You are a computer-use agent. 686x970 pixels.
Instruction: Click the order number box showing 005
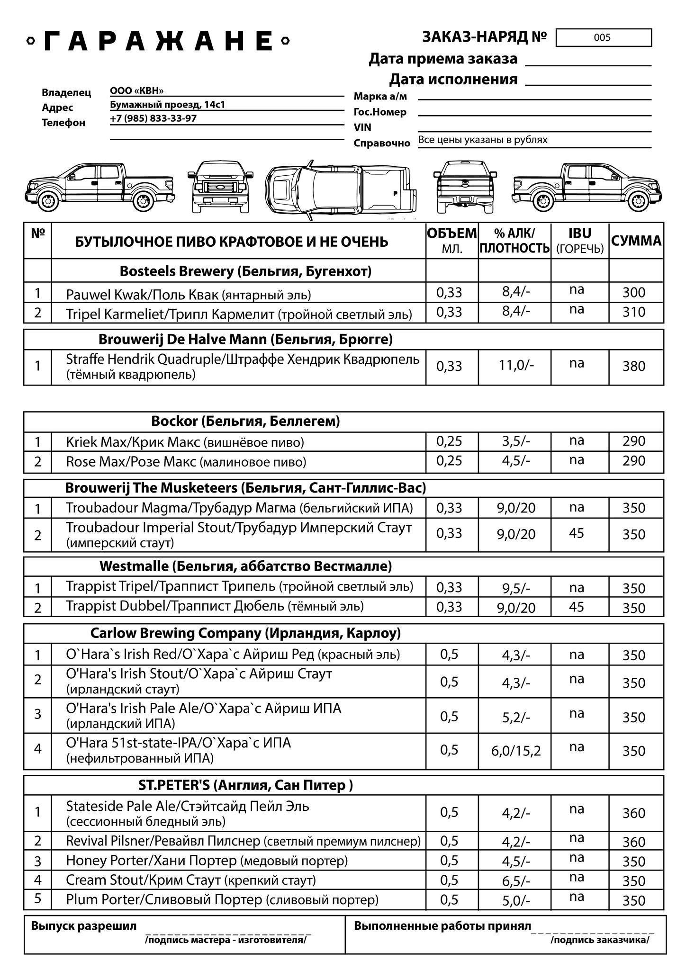603,38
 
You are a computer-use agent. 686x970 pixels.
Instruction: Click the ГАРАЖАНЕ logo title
158,41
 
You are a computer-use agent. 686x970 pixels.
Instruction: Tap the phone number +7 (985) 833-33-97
153,118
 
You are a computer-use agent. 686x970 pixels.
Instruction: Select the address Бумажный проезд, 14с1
167,105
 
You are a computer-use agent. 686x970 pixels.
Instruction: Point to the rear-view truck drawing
465,187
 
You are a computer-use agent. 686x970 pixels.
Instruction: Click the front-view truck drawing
221,187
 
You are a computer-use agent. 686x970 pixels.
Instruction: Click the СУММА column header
636,241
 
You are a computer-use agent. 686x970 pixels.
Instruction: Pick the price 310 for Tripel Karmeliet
634,312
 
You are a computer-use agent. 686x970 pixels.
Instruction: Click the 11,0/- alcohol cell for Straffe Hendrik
516,366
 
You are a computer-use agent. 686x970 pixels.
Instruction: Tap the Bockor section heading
245,421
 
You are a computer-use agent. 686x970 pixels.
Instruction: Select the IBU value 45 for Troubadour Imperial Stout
576,534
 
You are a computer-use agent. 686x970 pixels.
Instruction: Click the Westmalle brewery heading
245,566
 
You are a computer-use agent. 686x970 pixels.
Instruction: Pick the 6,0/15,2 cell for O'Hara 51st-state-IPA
516,751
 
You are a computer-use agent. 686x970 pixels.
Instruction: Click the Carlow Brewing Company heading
245,633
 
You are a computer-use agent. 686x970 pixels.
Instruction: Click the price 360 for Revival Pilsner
634,842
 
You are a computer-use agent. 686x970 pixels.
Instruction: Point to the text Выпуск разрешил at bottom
84,926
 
